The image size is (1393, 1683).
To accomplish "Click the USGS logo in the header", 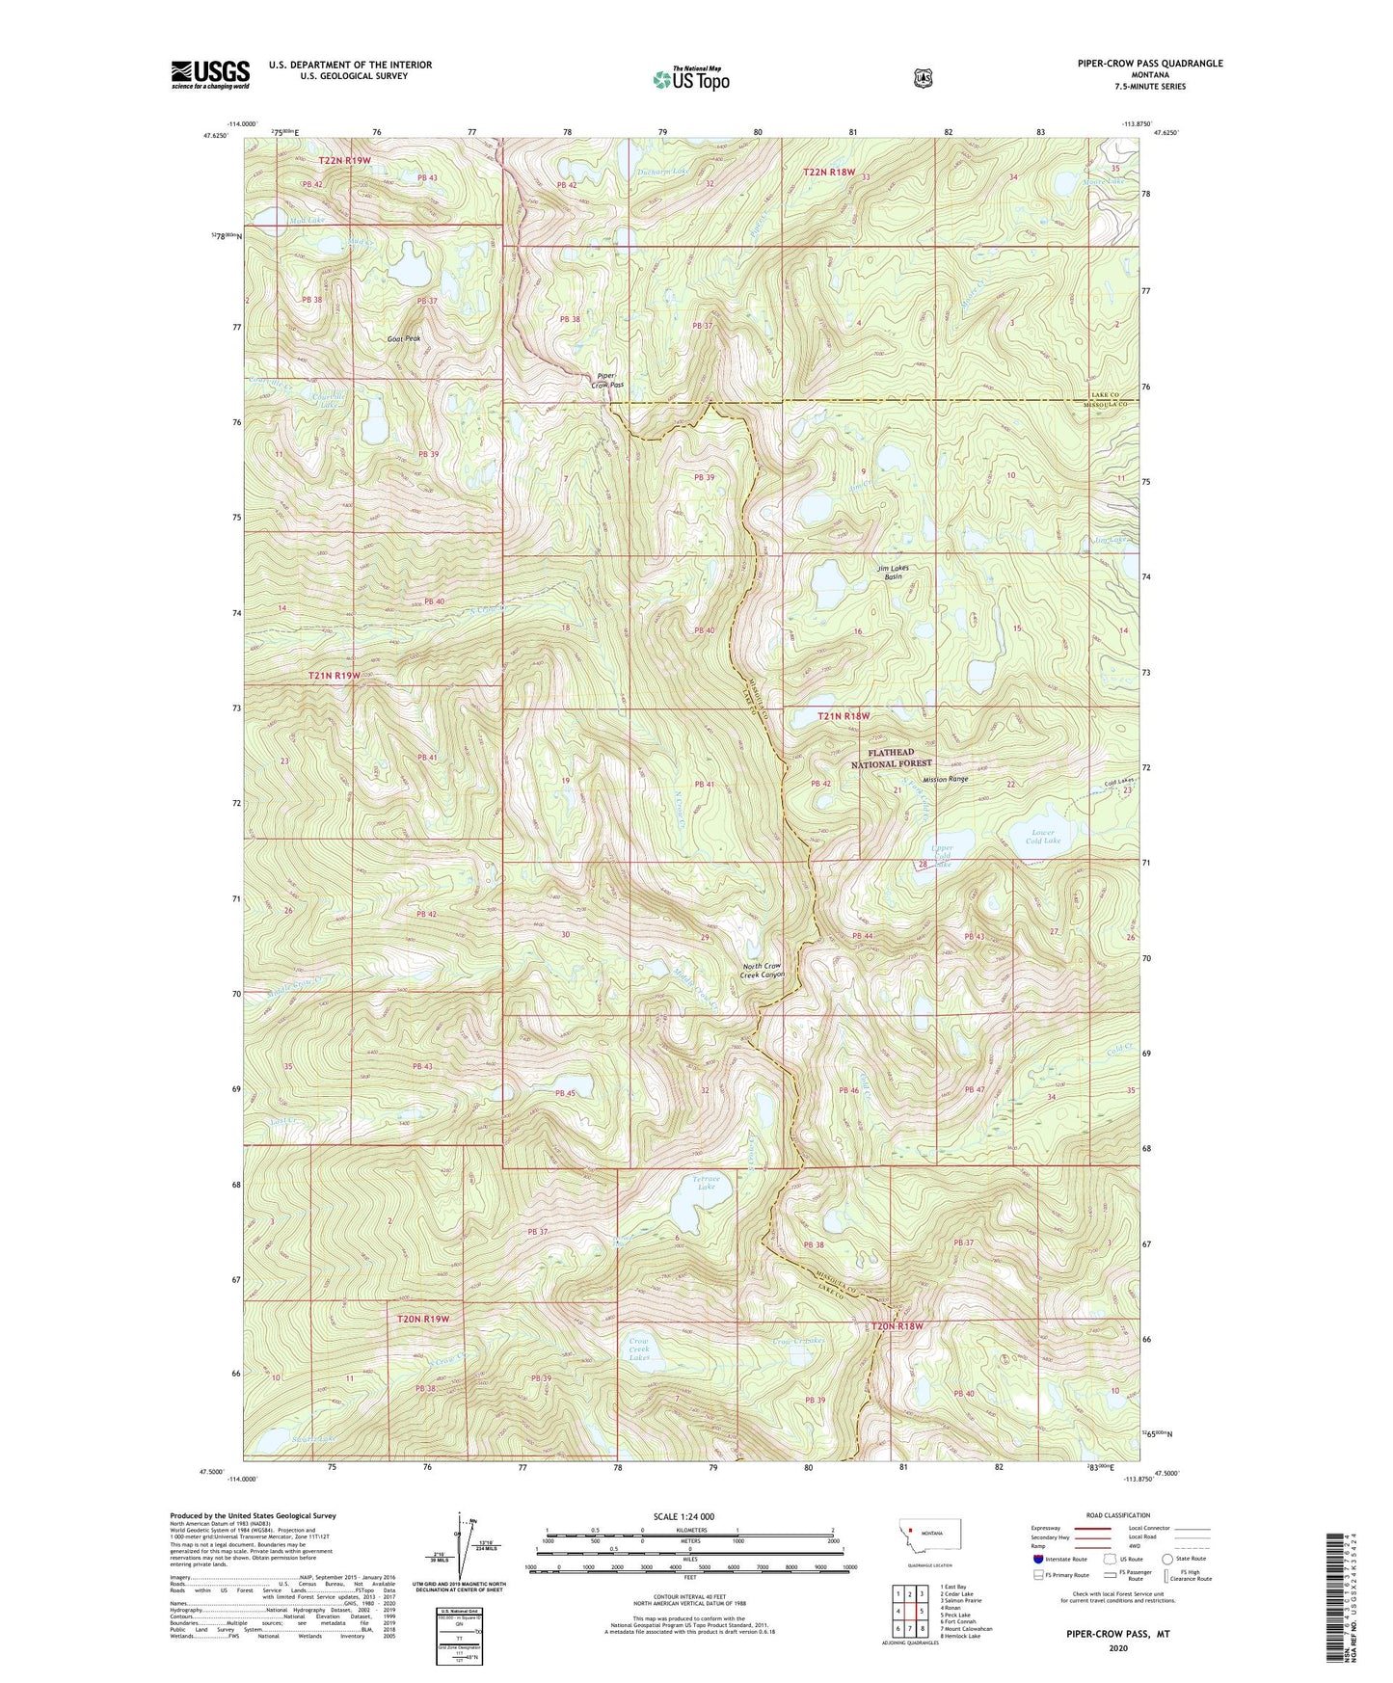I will (x=210, y=74).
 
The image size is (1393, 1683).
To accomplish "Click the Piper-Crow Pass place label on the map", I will (x=609, y=380).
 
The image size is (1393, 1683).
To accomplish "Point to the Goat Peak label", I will (x=404, y=338).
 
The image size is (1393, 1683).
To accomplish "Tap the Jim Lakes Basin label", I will (x=893, y=573).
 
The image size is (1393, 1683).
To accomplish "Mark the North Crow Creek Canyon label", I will (x=763, y=971).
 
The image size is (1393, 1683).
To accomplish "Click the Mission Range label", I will (x=945, y=779).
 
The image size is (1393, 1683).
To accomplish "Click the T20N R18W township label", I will (x=897, y=1326).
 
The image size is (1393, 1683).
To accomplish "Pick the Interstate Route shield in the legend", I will (x=1036, y=1559).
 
